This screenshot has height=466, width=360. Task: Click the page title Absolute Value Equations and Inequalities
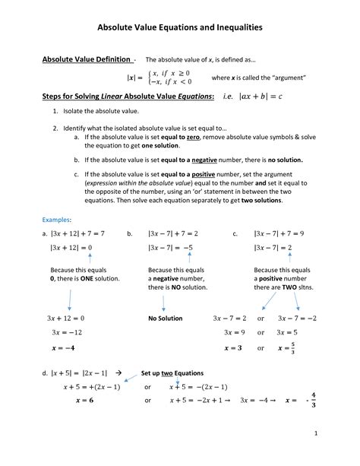(180, 27)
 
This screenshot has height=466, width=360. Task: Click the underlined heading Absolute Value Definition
(87, 59)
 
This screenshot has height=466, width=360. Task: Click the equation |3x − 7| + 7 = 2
(174, 234)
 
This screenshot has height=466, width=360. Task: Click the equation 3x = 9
(234, 332)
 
